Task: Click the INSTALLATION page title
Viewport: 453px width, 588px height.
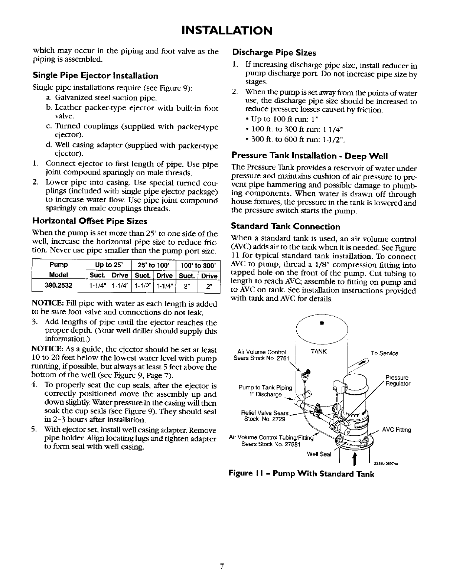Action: tap(226, 29)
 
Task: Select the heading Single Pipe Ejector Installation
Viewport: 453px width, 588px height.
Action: tap(95, 76)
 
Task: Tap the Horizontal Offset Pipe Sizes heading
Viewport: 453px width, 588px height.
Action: tap(90, 222)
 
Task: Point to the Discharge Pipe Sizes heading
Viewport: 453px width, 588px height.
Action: tap(273, 52)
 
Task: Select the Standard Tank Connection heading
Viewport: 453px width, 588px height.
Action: tap(286, 226)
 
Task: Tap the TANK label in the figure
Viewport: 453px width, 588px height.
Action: tap(318, 351)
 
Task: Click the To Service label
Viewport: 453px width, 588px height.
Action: tap(384, 353)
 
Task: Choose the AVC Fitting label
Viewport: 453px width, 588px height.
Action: tap(398, 430)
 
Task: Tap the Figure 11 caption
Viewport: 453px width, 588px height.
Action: tap(301, 474)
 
